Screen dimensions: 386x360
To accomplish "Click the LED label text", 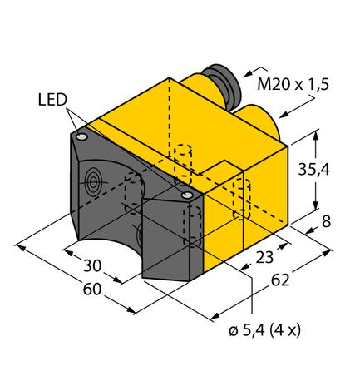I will click(52, 101).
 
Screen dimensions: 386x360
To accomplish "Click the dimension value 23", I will click(265, 257).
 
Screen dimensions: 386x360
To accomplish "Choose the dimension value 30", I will click(93, 267).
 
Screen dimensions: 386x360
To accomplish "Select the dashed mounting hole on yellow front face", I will click(242, 200).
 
